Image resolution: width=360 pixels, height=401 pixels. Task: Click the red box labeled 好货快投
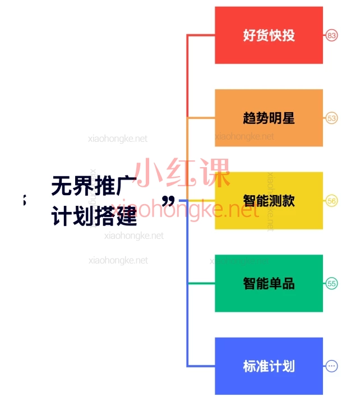tap(269, 35)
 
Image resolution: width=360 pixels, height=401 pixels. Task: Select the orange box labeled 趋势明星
tap(269, 118)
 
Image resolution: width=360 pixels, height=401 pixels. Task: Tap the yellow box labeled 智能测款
tap(269, 201)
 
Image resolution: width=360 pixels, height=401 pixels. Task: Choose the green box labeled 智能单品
tap(269, 283)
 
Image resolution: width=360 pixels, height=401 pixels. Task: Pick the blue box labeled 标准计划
tap(269, 366)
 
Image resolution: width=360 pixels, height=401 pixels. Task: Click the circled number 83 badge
tap(331, 35)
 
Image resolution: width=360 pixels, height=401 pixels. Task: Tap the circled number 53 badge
tap(331, 118)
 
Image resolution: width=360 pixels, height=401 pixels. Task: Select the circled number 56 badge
tap(331, 201)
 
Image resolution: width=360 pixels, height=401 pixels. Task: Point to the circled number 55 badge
tap(331, 283)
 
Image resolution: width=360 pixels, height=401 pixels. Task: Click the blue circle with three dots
tap(331, 366)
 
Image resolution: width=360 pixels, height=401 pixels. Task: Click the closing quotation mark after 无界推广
tap(168, 201)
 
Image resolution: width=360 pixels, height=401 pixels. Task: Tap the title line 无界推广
tap(94, 186)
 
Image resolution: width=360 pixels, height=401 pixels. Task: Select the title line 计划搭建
tap(94, 216)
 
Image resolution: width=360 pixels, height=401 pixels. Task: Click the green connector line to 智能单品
tap(201, 283)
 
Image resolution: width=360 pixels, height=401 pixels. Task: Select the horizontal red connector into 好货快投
tap(201, 35)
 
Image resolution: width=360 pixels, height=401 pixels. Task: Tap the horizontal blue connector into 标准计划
tap(201, 366)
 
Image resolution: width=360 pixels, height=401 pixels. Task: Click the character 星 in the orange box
tap(288, 118)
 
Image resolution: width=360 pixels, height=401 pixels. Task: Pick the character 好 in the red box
tap(250, 35)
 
